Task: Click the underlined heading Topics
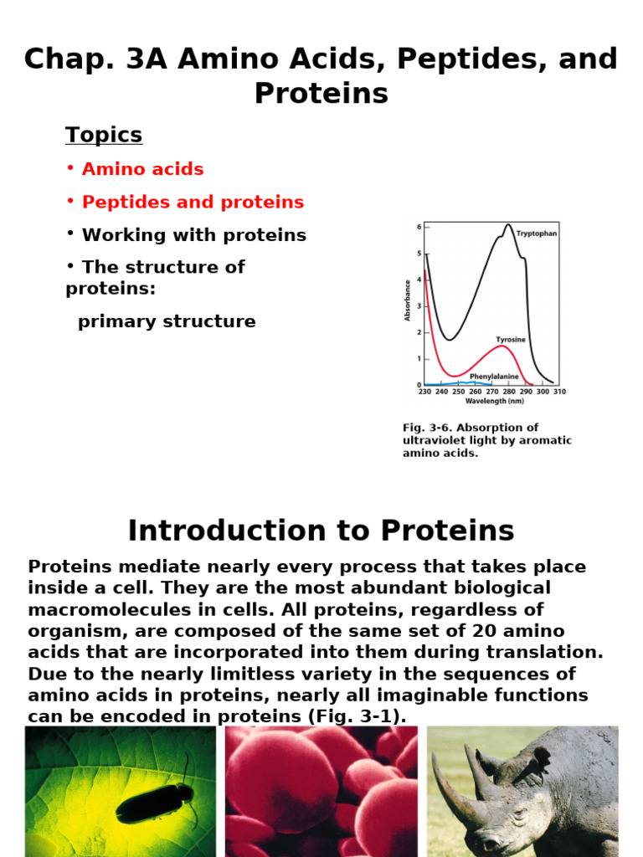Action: (x=104, y=135)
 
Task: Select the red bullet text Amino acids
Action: (x=142, y=169)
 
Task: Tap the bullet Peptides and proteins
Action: (x=193, y=203)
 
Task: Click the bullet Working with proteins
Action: (x=193, y=235)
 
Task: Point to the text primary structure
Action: (x=167, y=321)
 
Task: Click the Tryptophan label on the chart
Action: (x=536, y=234)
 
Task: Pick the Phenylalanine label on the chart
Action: (x=493, y=377)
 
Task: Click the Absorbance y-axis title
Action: (x=408, y=300)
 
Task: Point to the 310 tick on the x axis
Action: (x=558, y=391)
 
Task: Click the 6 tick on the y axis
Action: (x=419, y=227)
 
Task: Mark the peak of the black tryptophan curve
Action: (x=508, y=224)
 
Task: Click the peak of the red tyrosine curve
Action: (x=501, y=346)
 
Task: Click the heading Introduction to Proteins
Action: (x=321, y=531)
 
